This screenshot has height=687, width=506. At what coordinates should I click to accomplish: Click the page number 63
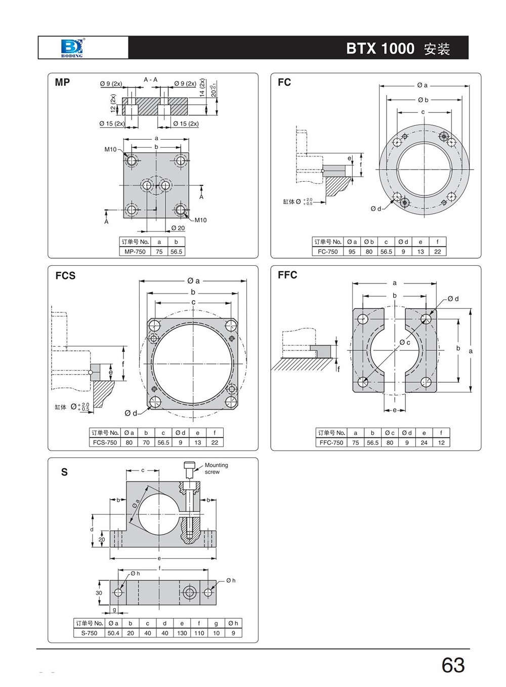[x=453, y=665]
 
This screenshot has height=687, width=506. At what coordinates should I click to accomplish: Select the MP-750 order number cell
[x=135, y=252]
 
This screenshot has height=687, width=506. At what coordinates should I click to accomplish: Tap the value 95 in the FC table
[x=352, y=252]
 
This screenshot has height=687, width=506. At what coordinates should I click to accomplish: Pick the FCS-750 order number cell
[x=105, y=442]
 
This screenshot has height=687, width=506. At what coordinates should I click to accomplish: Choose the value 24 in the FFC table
[x=424, y=442]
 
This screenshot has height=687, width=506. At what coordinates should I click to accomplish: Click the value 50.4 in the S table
[x=113, y=633]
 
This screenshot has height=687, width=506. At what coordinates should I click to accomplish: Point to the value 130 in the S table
[x=182, y=633]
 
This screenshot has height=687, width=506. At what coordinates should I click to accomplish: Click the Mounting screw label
[x=216, y=468]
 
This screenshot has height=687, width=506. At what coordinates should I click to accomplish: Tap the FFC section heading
[x=287, y=275]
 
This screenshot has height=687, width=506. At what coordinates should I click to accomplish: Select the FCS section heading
[x=65, y=275]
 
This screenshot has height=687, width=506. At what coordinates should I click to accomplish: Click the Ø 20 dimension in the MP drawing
[x=178, y=228]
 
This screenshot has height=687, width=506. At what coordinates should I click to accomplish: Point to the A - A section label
[x=151, y=79]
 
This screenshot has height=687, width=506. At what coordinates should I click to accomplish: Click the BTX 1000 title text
[x=380, y=49]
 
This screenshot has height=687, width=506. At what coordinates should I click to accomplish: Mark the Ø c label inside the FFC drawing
[x=405, y=343]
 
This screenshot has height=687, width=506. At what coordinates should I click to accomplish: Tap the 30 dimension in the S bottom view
[x=99, y=593]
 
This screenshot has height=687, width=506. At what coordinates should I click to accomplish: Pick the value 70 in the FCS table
[x=146, y=442]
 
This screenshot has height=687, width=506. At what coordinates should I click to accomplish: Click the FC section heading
[x=284, y=82]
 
